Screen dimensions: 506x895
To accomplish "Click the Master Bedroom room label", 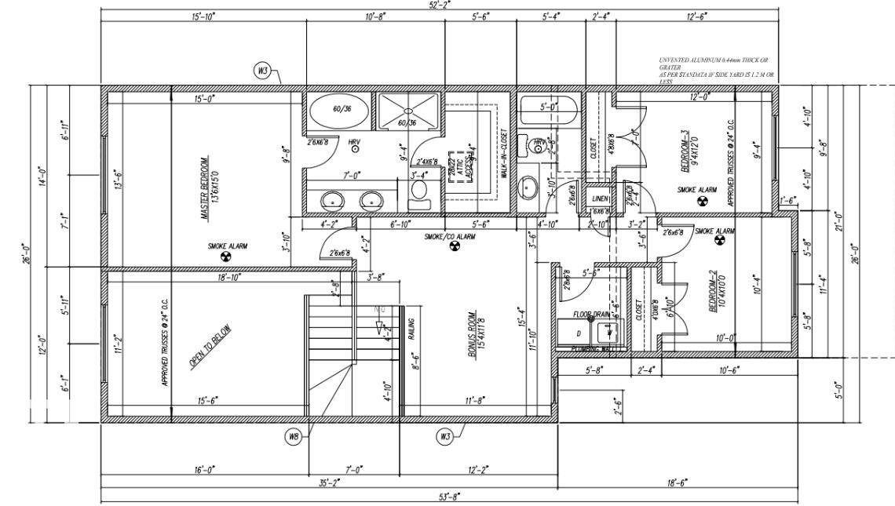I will [203, 188].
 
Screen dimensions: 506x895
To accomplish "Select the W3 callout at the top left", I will [264, 71].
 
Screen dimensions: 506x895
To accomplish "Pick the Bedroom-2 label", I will [714, 293].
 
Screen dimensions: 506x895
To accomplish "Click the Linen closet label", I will [600, 199].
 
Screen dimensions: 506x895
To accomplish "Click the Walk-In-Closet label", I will [503, 154].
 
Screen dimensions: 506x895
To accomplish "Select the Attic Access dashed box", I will [458, 167].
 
